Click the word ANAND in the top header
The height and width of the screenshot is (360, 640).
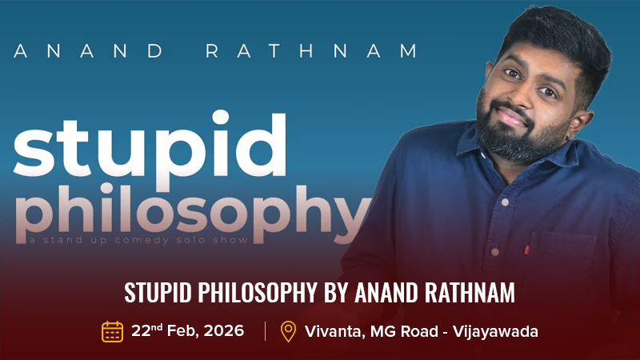[x=88, y=51]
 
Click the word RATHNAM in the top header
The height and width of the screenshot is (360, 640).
[x=312, y=51]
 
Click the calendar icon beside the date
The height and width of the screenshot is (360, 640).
[x=112, y=330]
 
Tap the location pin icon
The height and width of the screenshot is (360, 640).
[x=288, y=330]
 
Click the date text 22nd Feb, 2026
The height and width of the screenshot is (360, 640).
[x=188, y=330]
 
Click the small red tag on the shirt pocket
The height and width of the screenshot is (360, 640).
[x=526, y=250]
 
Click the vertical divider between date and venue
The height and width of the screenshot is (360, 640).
[x=265, y=330]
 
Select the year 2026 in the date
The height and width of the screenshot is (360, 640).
[x=225, y=330]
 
